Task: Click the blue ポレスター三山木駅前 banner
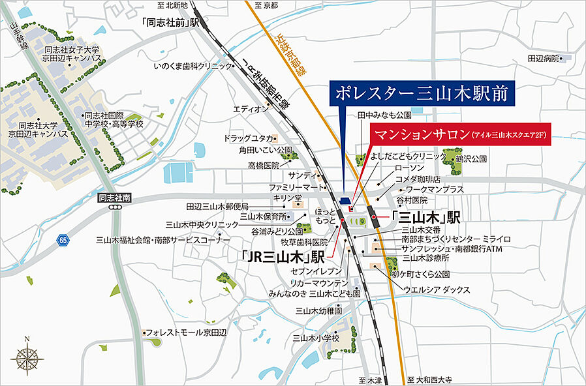point(422,93)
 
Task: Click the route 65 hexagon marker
point(63,240)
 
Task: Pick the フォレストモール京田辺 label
point(186,332)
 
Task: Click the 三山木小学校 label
point(316,338)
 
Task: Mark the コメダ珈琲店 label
point(418,179)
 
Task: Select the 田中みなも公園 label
point(384,115)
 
